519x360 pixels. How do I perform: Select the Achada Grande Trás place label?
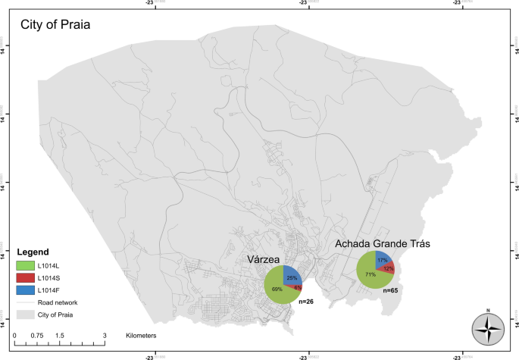(383, 245)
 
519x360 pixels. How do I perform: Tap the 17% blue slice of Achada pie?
(383, 260)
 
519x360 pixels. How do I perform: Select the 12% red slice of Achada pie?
(388, 269)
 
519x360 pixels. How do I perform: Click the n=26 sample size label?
(306, 302)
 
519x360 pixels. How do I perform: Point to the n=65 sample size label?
(390, 290)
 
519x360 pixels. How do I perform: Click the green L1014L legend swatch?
(27, 265)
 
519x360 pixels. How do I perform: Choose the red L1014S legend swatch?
(27, 277)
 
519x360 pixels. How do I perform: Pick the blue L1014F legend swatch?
(27, 290)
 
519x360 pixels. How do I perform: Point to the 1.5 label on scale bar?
(59, 334)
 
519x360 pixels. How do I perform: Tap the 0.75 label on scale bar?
(36, 334)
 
